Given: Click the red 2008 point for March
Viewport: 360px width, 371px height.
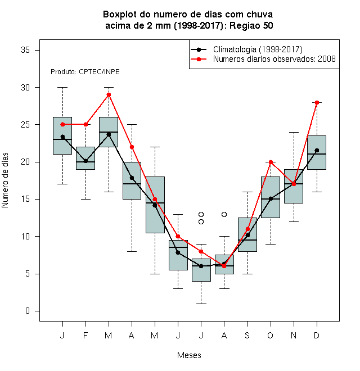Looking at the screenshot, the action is coord(109,95).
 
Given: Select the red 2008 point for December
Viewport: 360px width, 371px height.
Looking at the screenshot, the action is coord(317,102).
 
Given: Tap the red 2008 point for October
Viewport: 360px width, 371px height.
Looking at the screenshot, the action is coord(271,162).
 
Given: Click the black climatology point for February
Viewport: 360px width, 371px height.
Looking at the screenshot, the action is coord(85,161).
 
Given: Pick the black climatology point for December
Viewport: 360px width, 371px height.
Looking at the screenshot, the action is coord(317,150).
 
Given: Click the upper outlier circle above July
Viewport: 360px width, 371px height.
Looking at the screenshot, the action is coord(201,214).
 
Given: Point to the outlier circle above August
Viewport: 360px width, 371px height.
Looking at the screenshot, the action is coord(224,214).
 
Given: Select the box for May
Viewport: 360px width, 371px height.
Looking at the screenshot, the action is coord(155,205).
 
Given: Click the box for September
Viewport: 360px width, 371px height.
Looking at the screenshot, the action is coord(247,234).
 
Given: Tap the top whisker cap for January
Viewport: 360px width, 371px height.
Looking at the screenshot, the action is coord(62,87).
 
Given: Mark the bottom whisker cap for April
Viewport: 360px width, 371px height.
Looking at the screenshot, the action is coord(132,251).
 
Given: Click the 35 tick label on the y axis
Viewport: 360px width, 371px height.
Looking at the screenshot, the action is coord(25,50).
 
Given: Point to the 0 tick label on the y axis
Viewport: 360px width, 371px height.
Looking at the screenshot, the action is coord(28,311).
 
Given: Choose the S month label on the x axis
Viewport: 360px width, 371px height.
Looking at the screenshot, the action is coord(247,335).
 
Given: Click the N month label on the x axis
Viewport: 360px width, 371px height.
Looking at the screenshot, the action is coord(294,335).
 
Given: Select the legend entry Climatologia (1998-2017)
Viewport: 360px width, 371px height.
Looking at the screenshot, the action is coord(247,49).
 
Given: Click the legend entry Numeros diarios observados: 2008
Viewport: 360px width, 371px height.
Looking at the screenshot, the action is coord(263,59).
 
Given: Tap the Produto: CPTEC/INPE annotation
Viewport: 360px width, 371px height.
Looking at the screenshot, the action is coord(85,72).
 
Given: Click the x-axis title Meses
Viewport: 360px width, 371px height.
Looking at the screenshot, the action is coord(189,355).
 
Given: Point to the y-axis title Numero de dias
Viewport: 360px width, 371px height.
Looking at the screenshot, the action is coord(5,180).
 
